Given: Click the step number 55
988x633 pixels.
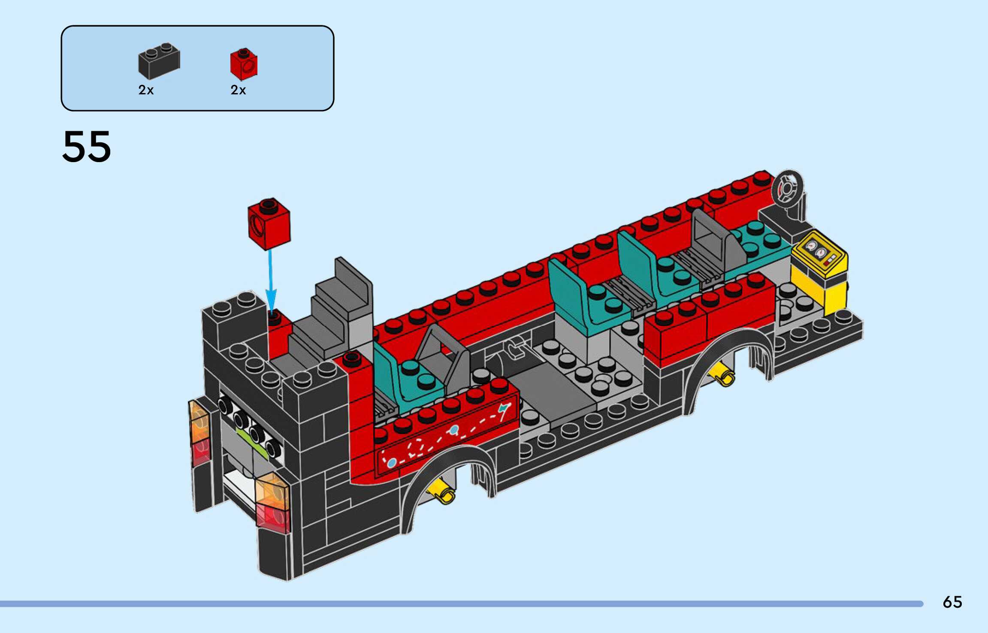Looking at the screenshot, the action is [87, 147].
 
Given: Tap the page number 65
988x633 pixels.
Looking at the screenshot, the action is [952, 602].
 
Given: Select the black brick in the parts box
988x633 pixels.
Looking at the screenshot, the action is [159, 61].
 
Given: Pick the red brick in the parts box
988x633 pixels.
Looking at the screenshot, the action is [244, 64].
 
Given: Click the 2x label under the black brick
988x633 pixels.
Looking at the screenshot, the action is [146, 90].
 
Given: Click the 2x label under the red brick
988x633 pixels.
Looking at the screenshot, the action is [238, 90].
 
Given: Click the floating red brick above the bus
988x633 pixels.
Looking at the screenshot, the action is [269, 224].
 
